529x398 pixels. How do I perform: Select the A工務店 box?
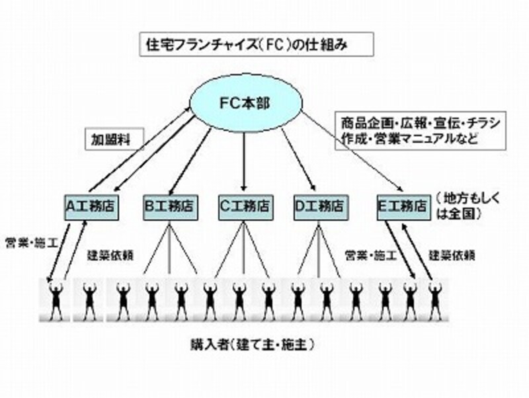(91, 205)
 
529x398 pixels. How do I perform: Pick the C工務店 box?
(244, 205)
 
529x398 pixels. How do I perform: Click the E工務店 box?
(401, 205)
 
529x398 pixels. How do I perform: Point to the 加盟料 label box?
(111, 140)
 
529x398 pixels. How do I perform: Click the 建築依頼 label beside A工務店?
(107, 254)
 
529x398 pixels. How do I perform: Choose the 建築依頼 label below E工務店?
(452, 254)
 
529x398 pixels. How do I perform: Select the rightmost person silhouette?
(435, 301)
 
